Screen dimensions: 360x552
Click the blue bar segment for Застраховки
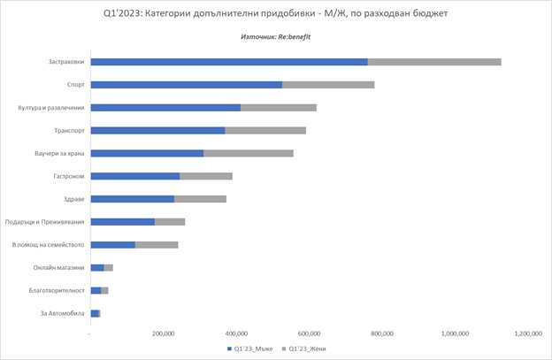[x=228, y=62]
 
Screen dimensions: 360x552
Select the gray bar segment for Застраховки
[x=434, y=62]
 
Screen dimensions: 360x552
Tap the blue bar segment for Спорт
[x=186, y=85]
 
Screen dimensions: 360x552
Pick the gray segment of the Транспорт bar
[x=265, y=130]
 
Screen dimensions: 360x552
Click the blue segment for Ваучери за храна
[x=147, y=153]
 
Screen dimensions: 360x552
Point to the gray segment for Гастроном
[x=206, y=176]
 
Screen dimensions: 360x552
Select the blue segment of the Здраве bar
[x=132, y=199]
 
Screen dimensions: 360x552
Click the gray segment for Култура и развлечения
[x=279, y=108]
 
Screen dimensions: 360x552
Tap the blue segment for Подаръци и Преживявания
[x=122, y=221]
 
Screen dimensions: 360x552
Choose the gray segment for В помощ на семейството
[x=157, y=244]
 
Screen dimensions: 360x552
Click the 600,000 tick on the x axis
[x=309, y=333]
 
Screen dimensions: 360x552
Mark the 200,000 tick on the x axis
[x=163, y=333]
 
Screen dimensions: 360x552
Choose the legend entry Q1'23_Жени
[x=303, y=349]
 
